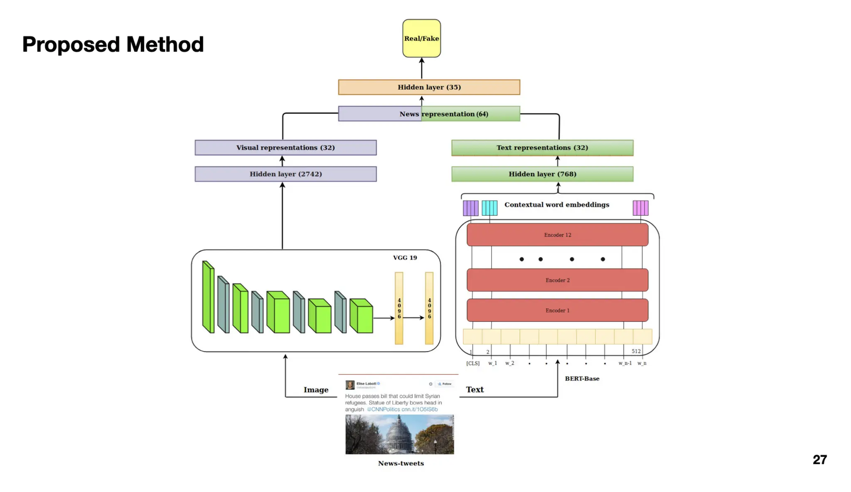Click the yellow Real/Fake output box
point(421,38)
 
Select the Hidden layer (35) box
point(429,87)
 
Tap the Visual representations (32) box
point(285,148)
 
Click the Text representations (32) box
point(542,148)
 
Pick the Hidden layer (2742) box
point(285,174)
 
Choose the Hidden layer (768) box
point(542,174)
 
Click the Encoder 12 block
point(557,235)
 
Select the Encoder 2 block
point(557,280)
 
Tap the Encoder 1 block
point(557,310)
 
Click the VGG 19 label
point(405,258)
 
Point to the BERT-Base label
point(582,379)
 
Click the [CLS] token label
point(472,363)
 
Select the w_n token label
point(642,363)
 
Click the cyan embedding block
point(489,208)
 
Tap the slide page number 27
point(819,460)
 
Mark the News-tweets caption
point(401,463)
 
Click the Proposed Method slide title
point(113,44)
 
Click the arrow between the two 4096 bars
point(413,318)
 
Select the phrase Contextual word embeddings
point(556,204)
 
